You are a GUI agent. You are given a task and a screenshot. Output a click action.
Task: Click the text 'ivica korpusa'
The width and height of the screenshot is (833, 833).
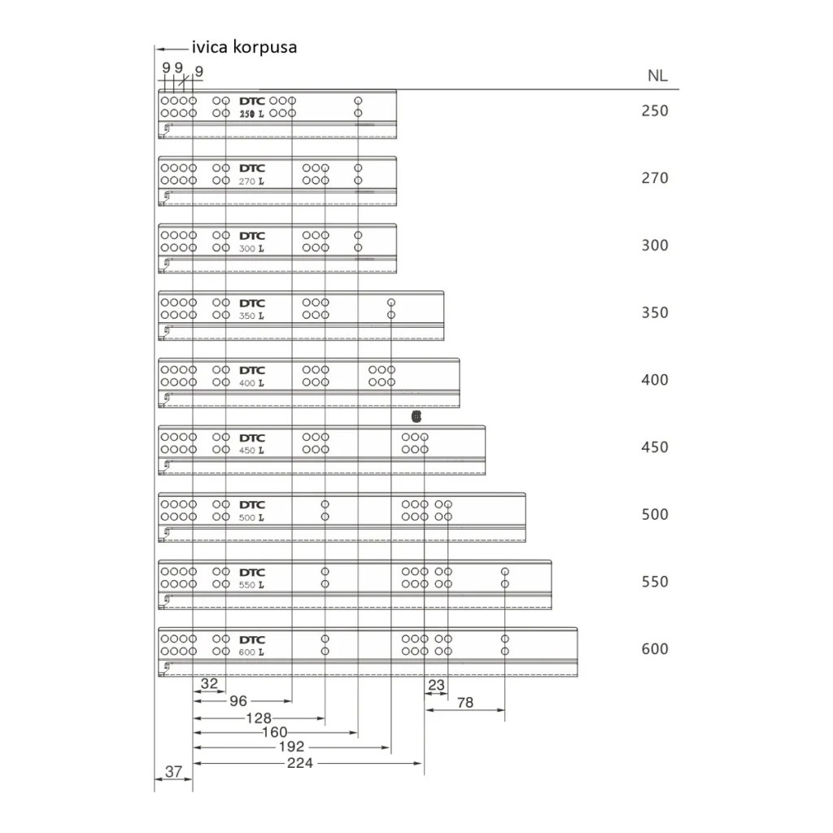point(244,47)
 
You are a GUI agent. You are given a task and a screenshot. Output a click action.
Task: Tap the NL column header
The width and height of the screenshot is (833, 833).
point(657,76)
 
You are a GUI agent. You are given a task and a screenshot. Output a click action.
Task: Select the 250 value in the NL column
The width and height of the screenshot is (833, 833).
point(654,111)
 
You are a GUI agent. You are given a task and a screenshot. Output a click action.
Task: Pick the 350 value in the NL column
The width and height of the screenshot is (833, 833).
point(654,312)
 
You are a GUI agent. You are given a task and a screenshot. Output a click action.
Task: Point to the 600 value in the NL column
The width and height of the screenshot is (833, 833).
point(654,649)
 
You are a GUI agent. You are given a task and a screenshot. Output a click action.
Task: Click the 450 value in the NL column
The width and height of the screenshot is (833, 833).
point(654,447)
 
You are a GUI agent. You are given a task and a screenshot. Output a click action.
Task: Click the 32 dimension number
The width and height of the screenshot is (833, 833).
point(209,684)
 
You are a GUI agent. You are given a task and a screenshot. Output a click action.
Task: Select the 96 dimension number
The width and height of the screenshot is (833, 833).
point(238,700)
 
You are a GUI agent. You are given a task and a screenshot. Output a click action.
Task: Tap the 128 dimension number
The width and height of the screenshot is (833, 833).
point(258,718)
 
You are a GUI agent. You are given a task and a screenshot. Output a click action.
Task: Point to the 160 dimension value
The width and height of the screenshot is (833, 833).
point(274,732)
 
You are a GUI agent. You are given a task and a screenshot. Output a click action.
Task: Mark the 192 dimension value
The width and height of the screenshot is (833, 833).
point(290,747)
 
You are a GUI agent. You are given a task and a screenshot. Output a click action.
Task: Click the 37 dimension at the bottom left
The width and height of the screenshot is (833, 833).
point(172,771)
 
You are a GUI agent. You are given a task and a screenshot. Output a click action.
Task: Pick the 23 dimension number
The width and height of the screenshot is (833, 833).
point(437,686)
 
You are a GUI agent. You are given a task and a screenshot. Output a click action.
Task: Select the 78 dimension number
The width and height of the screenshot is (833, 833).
point(464,704)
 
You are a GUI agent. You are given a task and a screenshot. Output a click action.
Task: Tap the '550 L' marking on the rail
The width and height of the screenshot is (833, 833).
point(251,585)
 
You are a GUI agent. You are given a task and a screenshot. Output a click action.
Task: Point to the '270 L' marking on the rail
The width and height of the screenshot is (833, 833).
point(251,181)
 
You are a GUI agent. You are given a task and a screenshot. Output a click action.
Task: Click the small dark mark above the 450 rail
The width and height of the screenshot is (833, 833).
point(416,416)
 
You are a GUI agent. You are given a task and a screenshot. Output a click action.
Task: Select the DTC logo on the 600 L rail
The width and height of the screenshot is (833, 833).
point(252,639)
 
